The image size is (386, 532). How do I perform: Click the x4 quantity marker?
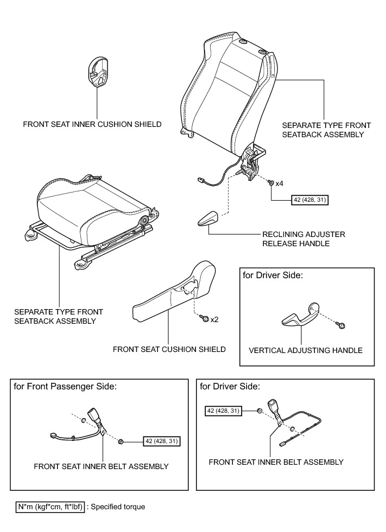279,184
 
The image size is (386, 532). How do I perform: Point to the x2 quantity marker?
214,319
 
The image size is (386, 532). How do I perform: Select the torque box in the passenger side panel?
161,441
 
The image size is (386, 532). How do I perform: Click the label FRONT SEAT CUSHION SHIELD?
169,349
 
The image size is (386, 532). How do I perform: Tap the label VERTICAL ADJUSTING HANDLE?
305,350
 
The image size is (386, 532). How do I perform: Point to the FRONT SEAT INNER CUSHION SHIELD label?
92,124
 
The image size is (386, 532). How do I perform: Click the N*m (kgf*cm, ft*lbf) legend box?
50,507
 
